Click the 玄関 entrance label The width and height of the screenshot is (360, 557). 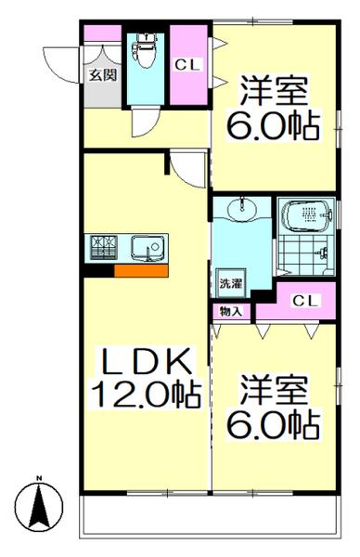(x=102, y=75)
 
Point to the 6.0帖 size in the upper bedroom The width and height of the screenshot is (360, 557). (x=275, y=125)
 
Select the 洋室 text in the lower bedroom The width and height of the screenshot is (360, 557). (x=276, y=387)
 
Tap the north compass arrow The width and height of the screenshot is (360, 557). (x=41, y=505)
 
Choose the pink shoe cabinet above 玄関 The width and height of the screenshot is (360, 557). (x=102, y=34)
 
